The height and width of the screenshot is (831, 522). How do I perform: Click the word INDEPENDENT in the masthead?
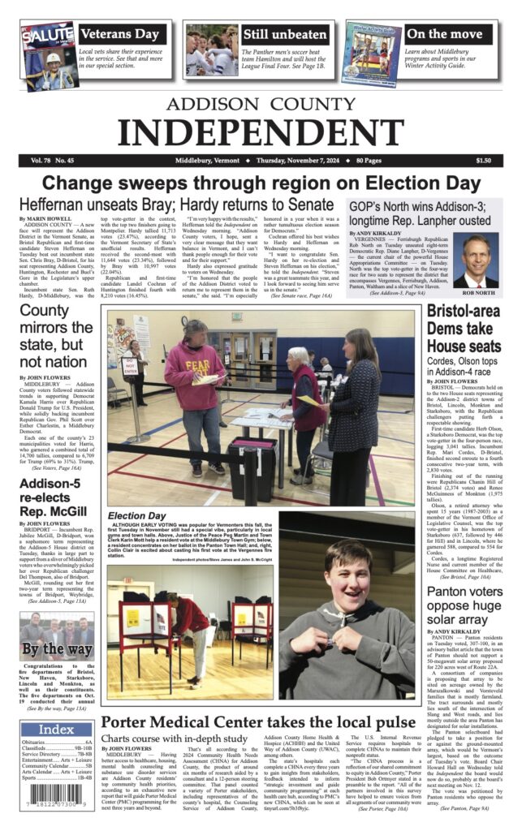tap(261, 131)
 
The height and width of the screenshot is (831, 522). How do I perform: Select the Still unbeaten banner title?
tap(284, 34)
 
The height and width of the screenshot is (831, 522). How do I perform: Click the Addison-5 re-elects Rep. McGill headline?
tap(53, 499)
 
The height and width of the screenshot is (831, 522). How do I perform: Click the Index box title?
tap(55, 730)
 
